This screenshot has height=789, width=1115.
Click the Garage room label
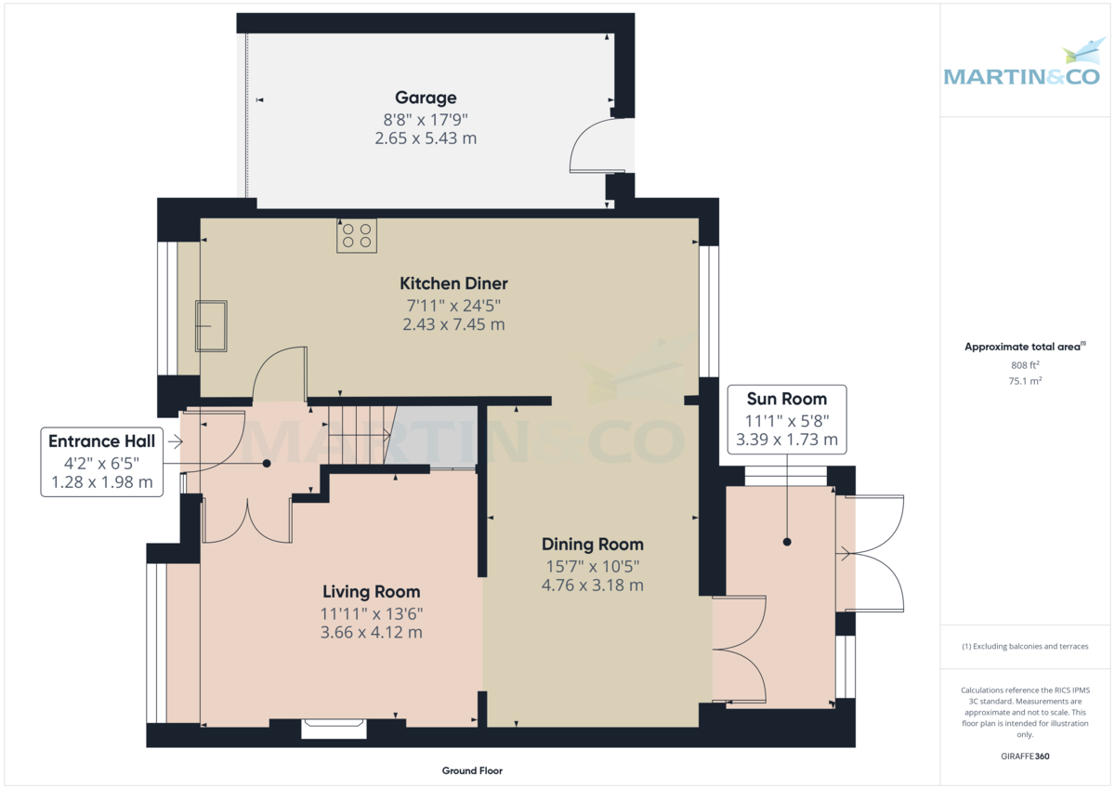(x=426, y=98)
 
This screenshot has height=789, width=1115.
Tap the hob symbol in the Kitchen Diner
(x=357, y=236)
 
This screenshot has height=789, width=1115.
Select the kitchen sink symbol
(x=211, y=326)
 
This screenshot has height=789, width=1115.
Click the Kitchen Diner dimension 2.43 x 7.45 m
(x=453, y=324)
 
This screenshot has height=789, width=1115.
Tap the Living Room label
(x=371, y=592)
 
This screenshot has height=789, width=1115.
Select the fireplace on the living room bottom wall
(x=333, y=729)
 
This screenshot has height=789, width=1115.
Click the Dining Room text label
(x=592, y=545)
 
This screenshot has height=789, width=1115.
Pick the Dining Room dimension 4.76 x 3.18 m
(x=592, y=585)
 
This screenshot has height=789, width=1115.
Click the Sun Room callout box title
(x=787, y=399)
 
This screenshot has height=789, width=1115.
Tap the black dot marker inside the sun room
(x=787, y=542)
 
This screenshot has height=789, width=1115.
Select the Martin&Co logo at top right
(x=1021, y=65)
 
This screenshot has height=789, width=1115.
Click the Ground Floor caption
(x=472, y=770)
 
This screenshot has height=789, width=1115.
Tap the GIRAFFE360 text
(x=1025, y=756)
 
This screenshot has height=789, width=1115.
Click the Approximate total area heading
(x=1024, y=347)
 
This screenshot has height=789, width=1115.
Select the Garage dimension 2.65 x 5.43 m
(x=426, y=138)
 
